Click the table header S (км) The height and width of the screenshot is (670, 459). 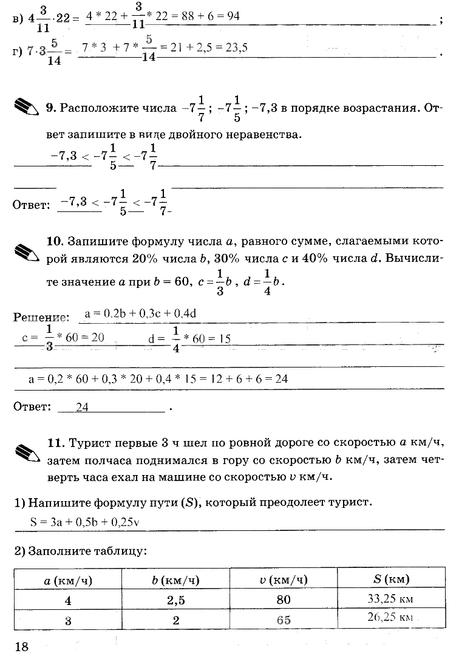click(x=390, y=579)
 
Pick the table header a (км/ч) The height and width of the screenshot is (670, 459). click(x=68, y=580)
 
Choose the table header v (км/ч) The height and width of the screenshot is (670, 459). click(x=283, y=580)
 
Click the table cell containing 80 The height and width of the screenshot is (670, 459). click(x=283, y=600)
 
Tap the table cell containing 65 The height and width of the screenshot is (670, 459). click(x=283, y=620)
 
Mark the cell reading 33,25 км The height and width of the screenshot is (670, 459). click(x=390, y=599)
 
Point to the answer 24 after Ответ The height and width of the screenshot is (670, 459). click(x=82, y=408)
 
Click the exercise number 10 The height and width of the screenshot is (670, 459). click(x=55, y=241)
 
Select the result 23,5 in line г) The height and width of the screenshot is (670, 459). click(x=234, y=48)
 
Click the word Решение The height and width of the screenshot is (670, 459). click(x=39, y=317)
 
